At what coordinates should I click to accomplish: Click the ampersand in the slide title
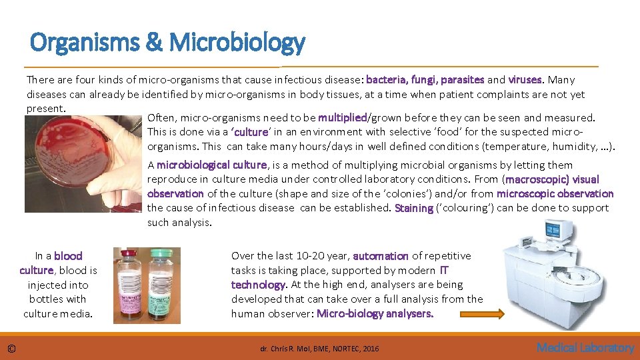click(x=155, y=43)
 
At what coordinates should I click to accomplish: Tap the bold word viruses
click(x=527, y=80)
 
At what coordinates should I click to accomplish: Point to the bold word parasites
click(x=463, y=80)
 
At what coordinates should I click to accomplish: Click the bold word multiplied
click(x=342, y=118)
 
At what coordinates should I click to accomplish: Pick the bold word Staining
click(x=413, y=208)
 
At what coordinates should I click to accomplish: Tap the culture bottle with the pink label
click(x=131, y=287)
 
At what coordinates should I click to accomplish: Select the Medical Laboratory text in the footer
click(x=585, y=347)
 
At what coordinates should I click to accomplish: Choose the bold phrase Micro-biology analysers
click(x=375, y=313)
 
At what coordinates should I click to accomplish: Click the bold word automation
click(x=381, y=256)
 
